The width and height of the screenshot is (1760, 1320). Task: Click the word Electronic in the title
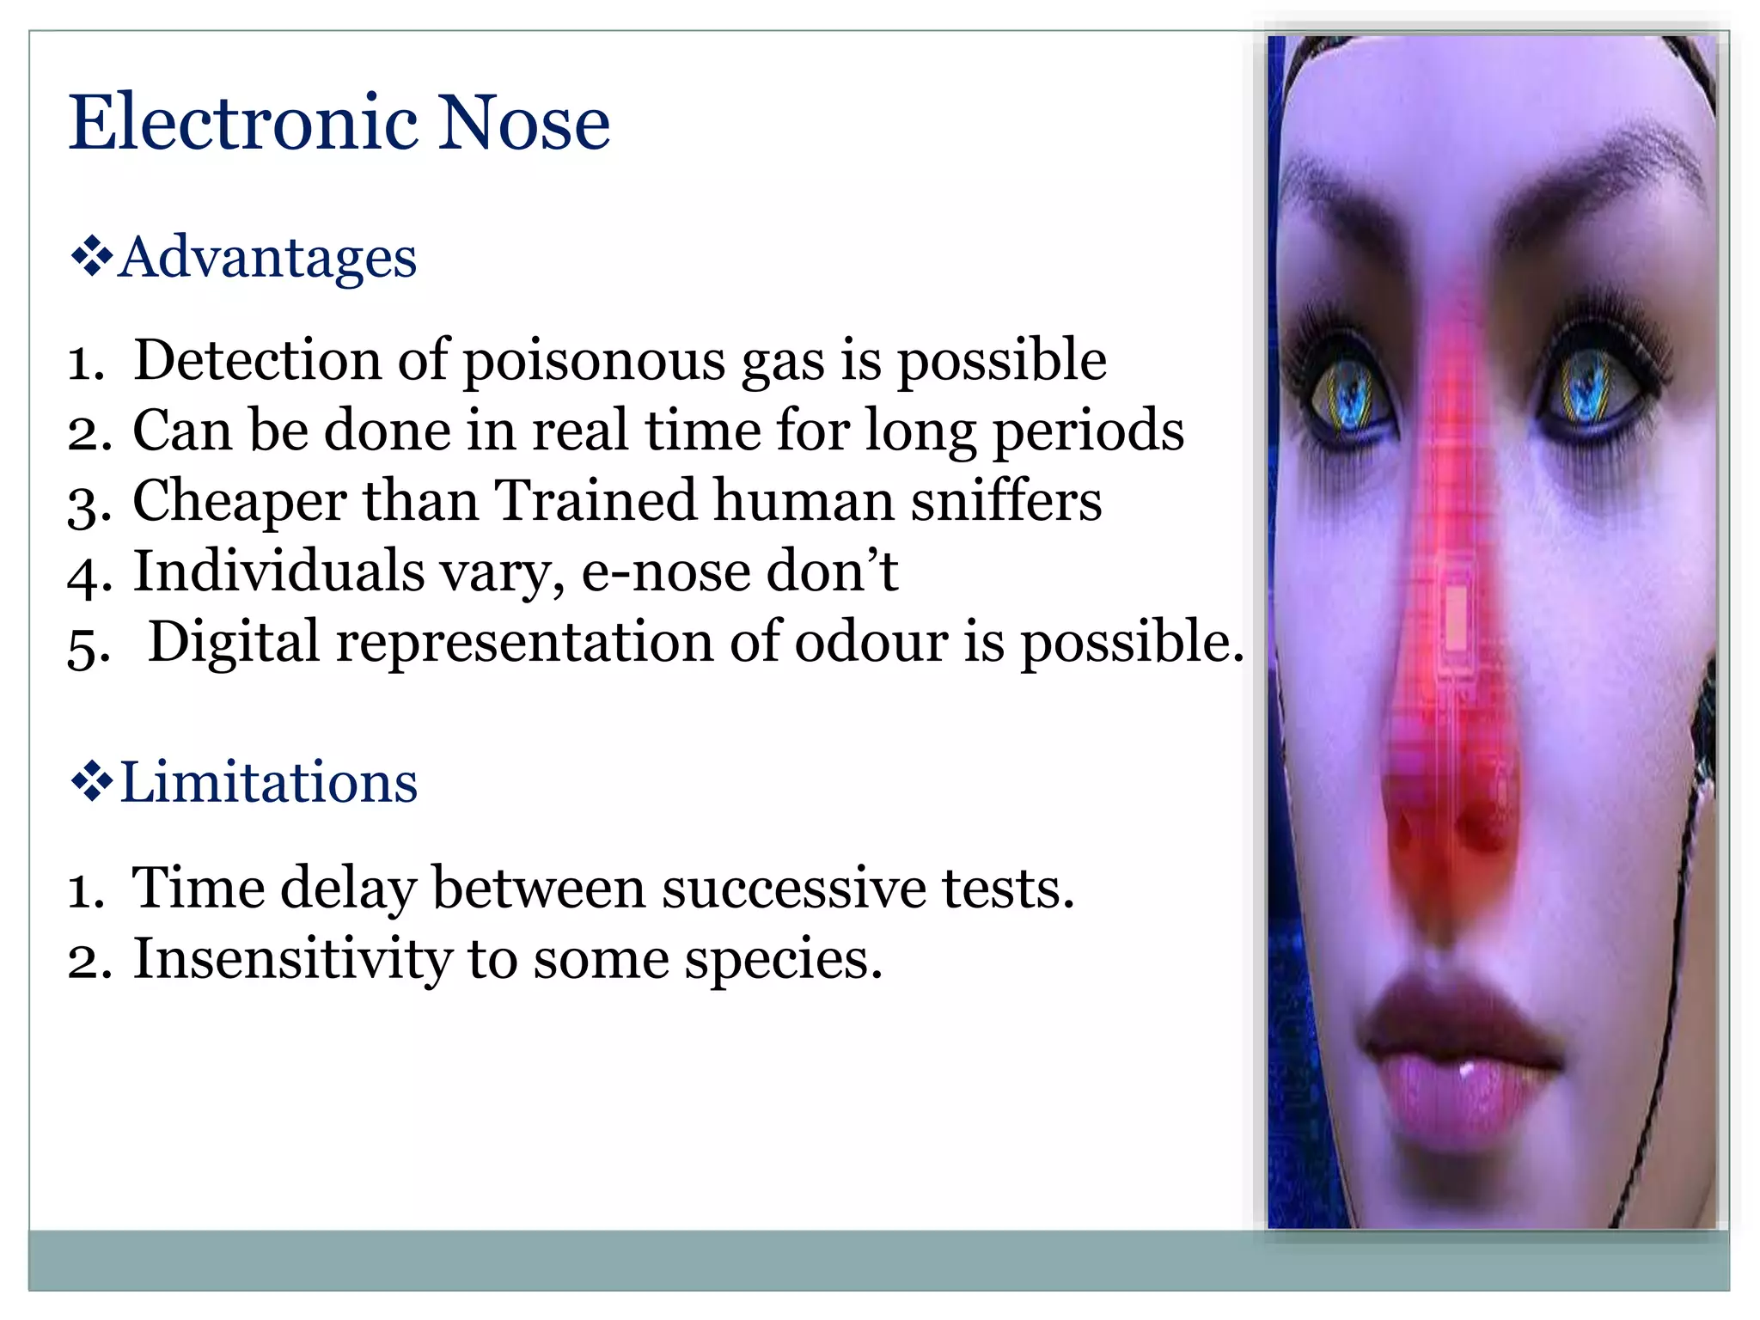coord(244,123)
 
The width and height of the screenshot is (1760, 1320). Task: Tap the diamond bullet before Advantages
coord(91,256)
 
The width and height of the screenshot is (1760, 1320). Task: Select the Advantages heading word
coord(268,257)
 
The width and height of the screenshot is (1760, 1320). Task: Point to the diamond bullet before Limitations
coord(91,782)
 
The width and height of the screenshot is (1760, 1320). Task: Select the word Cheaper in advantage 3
coord(239,502)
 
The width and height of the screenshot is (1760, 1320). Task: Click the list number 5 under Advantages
coord(87,646)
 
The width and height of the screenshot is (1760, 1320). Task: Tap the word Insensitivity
coord(292,959)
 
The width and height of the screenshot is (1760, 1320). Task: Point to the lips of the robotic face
coord(1457,1066)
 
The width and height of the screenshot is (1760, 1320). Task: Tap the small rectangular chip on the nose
coord(1455,617)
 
